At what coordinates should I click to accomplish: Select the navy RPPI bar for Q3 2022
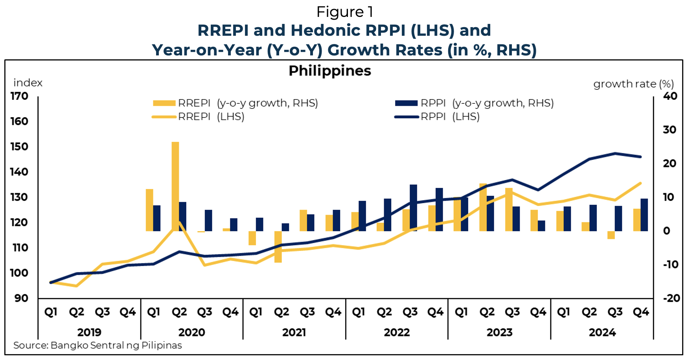tap(413, 208)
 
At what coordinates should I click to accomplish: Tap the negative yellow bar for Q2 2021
tap(278, 246)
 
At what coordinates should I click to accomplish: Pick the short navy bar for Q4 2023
tap(541, 226)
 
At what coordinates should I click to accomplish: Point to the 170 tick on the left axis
tap(19, 96)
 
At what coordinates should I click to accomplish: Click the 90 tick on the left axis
tap(22, 298)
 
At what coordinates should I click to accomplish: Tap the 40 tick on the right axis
tap(670, 96)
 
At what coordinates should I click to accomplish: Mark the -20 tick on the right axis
tap(671, 298)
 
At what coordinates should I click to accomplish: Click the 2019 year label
tap(89, 332)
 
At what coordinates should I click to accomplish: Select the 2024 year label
tap(602, 332)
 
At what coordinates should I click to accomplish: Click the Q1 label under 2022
tap(359, 312)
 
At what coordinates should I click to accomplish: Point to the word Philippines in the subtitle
tap(330, 71)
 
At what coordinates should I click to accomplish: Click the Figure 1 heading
tap(344, 12)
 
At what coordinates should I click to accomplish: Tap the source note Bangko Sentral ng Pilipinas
tap(97, 345)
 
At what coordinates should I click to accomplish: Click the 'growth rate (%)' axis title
tap(633, 84)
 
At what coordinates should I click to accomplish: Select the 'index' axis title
tap(28, 83)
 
